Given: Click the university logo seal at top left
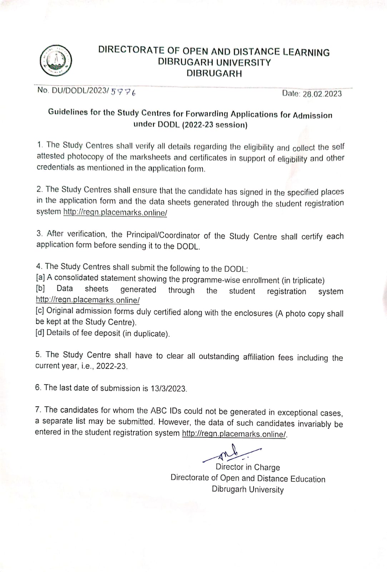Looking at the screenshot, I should pyautogui.click(x=56, y=61).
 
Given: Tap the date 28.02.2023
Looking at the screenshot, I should pyautogui.click(x=322, y=94).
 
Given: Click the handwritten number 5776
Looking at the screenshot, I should pyautogui.click(x=123, y=92).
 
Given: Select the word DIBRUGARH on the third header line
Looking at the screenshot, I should pyautogui.click(x=214, y=74).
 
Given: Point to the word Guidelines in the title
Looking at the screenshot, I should pyautogui.click(x=68, y=112).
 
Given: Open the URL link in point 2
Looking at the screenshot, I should pyautogui.click(x=115, y=213).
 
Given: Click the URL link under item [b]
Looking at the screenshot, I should pyautogui.click(x=88, y=300).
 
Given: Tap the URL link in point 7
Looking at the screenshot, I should pyautogui.click(x=234, y=434).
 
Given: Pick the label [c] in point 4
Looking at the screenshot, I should pyautogui.click(x=40, y=311).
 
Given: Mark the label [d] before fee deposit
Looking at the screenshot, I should pyautogui.click(x=40, y=333).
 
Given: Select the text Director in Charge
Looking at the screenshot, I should pyautogui.click(x=248, y=467).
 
